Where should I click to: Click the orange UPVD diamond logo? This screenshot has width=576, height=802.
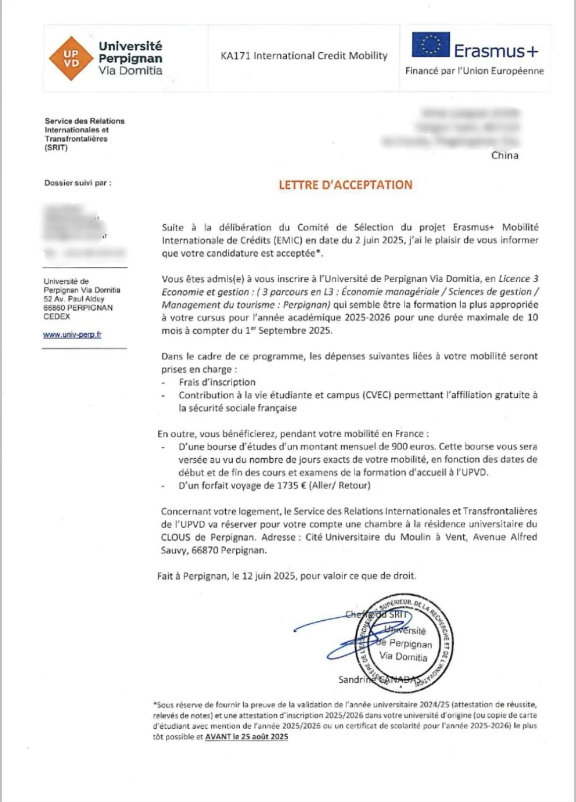71,58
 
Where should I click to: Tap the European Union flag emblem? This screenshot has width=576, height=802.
430,45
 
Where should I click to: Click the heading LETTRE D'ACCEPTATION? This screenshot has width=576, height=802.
345,185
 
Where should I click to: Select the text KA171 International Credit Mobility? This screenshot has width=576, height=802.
304,56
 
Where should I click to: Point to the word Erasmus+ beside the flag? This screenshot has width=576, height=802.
496,51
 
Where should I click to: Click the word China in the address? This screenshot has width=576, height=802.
505,156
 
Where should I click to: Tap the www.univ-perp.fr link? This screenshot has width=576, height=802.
72,335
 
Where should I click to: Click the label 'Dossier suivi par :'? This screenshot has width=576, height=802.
78,183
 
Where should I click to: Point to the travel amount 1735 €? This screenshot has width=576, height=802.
291,485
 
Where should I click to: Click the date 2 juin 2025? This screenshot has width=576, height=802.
377,241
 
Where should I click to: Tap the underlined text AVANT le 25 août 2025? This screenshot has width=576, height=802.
247,737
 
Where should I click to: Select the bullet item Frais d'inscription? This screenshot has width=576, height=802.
217,382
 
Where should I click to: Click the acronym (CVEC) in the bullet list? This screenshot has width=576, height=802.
377,395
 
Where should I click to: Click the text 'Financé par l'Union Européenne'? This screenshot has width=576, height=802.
474,71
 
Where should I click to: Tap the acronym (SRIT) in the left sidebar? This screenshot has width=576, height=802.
56,148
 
